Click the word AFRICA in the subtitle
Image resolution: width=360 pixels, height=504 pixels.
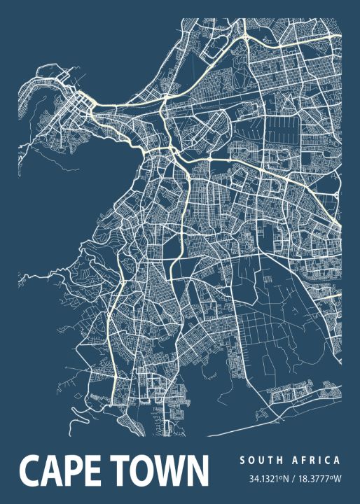pos(318,461)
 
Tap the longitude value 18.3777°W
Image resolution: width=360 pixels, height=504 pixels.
pos(317,479)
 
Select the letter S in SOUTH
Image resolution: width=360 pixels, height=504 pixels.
pos(242,461)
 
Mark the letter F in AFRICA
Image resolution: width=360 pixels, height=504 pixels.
pos(305,461)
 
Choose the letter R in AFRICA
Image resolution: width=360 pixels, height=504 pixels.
pos(314,461)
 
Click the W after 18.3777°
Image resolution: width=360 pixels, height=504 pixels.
pos(337,479)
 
